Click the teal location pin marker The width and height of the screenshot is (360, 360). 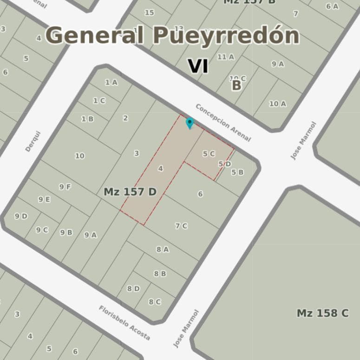190,123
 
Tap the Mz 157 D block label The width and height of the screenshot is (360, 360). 130,192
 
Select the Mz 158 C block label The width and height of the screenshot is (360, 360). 322,313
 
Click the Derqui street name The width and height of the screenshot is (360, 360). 33,141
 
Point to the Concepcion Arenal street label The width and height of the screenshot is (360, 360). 223,122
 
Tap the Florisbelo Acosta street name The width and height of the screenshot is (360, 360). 124,323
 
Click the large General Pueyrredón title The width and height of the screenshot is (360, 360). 172,36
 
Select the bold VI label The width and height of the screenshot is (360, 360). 198,66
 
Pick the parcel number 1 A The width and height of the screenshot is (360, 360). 111,83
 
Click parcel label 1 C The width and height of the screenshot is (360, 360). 99,100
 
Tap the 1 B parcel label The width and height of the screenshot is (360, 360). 87,119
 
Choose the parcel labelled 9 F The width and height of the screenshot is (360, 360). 65,187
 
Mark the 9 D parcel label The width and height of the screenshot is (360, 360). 21,216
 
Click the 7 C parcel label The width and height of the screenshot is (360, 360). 181,226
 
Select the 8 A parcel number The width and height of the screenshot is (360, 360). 162,249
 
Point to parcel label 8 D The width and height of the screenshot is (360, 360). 133,288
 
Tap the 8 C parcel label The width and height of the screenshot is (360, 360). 155,301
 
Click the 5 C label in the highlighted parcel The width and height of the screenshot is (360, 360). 209,153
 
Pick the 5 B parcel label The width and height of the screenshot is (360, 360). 237,172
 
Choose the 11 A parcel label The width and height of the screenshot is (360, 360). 226,57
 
